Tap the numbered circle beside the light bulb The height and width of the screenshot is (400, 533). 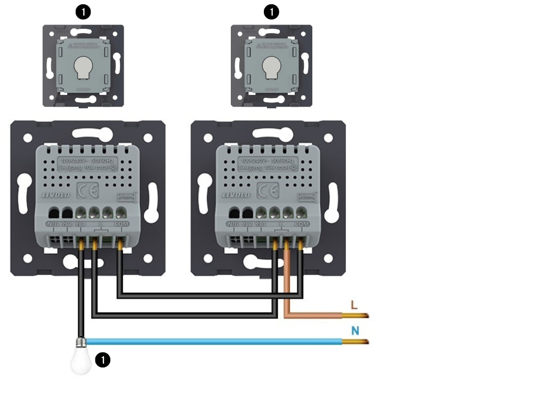click(102, 360)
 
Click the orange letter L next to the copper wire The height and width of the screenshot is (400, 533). click(354, 305)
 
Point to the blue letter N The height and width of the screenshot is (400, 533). click(355, 331)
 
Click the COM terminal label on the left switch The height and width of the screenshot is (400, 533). click(122, 224)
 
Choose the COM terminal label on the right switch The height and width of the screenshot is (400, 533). click(302, 224)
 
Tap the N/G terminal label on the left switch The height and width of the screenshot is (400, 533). click(53, 224)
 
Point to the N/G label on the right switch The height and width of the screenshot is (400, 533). click(233, 224)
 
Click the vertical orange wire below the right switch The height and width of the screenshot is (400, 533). click(287, 283)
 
